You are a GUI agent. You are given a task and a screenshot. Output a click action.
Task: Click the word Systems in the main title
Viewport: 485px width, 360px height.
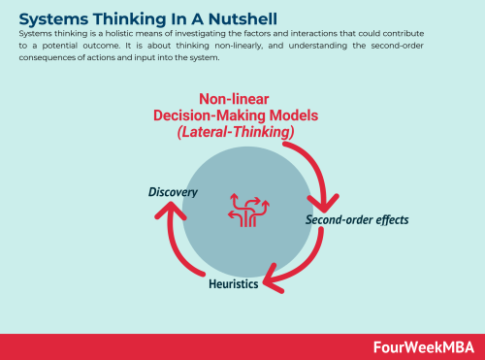48,17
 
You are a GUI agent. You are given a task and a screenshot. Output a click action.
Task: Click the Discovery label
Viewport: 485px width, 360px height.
173,192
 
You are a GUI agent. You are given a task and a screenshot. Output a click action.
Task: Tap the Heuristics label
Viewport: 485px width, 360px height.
234,284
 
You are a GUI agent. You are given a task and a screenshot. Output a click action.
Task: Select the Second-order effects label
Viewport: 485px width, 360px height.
357,219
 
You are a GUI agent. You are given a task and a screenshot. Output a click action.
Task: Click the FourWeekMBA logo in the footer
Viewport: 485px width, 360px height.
424,346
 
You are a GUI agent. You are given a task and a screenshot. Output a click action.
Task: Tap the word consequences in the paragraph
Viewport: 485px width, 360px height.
46,57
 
